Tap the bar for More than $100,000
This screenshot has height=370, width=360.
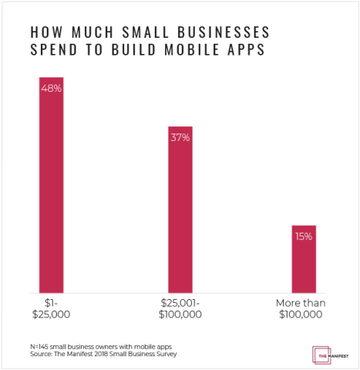[x=303, y=257]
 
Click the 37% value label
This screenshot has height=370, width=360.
[x=180, y=137]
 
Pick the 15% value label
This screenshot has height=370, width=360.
[x=303, y=236]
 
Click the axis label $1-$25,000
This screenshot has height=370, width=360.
[x=51, y=308]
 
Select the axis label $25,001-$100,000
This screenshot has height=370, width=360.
[x=180, y=308]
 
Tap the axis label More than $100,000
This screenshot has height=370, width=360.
[x=303, y=308]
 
